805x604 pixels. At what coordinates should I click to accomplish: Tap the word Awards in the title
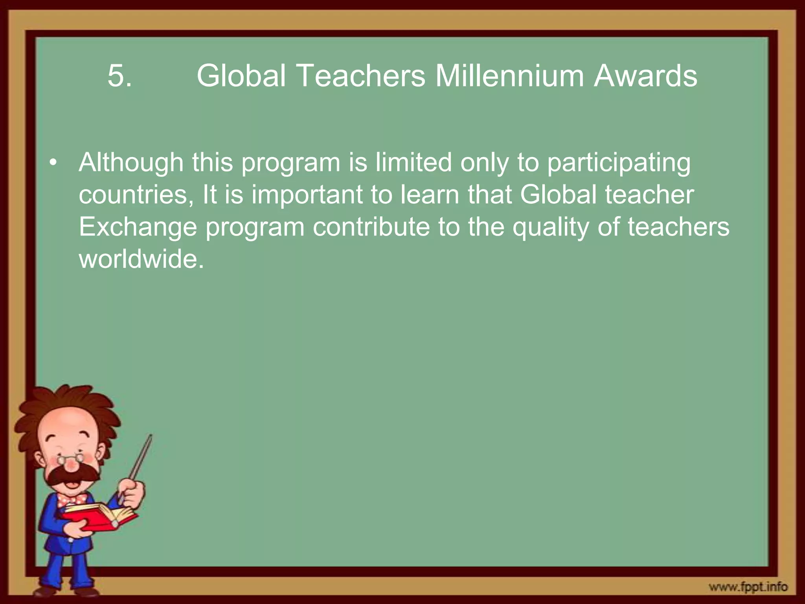[x=645, y=76]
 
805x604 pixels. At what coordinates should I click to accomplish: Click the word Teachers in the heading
[x=362, y=76]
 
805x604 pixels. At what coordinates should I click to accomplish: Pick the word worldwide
[x=141, y=260]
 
